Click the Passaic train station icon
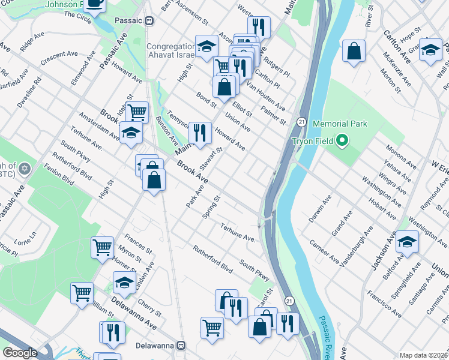click(x=149, y=20)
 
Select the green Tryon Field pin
click(x=342, y=142)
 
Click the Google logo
click(x=19, y=353)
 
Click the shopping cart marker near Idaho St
click(x=137, y=111)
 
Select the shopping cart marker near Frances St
click(x=103, y=247)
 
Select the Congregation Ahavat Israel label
click(x=171, y=50)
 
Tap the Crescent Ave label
click(x=60, y=58)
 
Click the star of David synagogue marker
click(x=25, y=168)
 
